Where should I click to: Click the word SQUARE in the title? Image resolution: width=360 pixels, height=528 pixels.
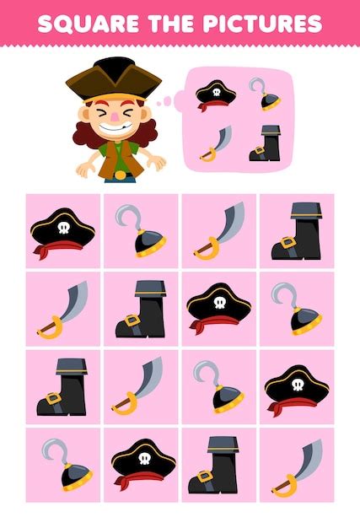[89, 24]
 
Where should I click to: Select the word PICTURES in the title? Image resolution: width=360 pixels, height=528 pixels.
[262, 24]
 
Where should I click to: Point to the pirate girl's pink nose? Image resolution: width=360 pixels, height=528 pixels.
[115, 117]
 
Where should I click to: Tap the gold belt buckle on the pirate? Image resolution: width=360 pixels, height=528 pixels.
[120, 175]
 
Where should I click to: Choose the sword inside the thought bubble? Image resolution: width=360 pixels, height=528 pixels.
[216, 143]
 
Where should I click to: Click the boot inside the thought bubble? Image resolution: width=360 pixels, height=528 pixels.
[266, 143]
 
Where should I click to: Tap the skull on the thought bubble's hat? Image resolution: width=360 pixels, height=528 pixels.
[217, 92]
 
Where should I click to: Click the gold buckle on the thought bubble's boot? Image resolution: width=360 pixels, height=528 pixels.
[259, 150]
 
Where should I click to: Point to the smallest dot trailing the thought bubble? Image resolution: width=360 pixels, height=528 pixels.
[159, 103]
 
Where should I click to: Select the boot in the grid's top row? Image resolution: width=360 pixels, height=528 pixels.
[297, 231]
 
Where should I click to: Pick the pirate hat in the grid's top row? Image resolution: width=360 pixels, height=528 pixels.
[63, 233]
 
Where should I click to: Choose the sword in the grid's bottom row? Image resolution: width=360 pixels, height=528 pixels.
[297, 468]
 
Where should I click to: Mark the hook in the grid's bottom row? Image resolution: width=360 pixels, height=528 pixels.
[67, 465]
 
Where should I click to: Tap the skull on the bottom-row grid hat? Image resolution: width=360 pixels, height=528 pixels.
[145, 459]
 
